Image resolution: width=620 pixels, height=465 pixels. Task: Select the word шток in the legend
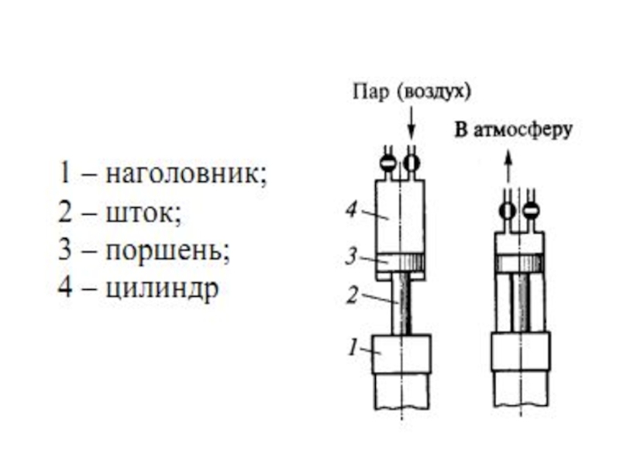click(x=143, y=211)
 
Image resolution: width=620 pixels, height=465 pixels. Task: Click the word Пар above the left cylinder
click(x=370, y=91)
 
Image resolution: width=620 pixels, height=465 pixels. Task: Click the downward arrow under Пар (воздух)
click(x=412, y=122)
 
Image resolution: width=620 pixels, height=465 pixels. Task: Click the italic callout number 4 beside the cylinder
click(x=353, y=208)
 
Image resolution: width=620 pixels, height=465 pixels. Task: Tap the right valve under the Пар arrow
click(x=412, y=162)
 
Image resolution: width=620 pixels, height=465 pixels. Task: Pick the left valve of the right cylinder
click(x=508, y=209)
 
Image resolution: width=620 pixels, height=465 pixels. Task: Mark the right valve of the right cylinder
click(x=530, y=209)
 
